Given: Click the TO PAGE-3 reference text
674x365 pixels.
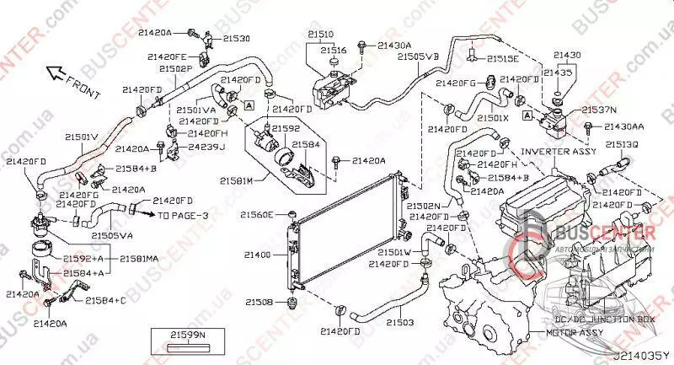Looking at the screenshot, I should [184, 216].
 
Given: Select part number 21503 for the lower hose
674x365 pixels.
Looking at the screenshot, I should [399, 322].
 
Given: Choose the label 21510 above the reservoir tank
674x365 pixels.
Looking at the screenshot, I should [320, 35].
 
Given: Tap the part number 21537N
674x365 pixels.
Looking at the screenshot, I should [600, 110].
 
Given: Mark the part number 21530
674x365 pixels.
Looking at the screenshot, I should [236, 39].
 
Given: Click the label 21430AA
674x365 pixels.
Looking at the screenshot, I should [623, 126].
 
